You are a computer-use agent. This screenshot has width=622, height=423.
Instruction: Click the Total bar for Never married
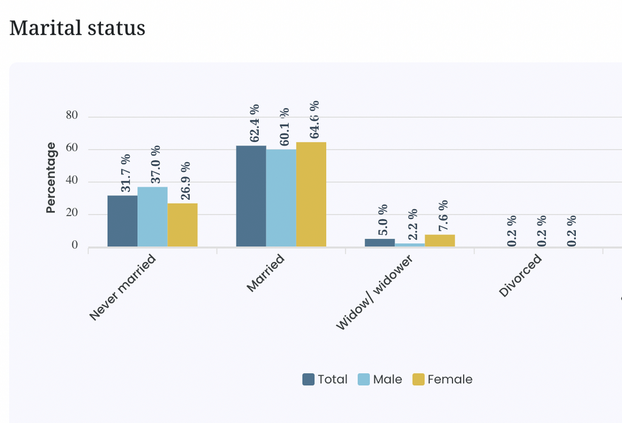(x=123, y=222)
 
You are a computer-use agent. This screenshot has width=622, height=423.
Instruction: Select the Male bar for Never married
(x=152, y=217)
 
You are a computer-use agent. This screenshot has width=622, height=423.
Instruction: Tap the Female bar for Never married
(x=182, y=225)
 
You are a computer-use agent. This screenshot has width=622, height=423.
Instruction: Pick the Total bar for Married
(x=251, y=196)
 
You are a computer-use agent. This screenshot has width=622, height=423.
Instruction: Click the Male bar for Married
(x=281, y=198)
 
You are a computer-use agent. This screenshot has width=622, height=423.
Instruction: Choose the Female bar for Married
(x=312, y=194)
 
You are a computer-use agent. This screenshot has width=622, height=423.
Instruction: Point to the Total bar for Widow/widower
(x=380, y=243)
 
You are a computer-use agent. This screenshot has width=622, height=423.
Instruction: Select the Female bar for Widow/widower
(x=440, y=241)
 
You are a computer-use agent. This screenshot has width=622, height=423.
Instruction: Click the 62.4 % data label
(x=255, y=123)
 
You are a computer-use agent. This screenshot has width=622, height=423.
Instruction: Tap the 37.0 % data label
(x=155, y=164)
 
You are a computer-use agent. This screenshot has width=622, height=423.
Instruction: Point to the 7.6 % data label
(x=443, y=215)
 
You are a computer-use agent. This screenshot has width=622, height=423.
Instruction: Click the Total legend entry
(x=325, y=379)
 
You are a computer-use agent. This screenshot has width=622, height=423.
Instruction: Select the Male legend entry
(x=380, y=379)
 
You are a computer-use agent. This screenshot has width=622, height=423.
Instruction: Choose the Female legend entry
(x=443, y=379)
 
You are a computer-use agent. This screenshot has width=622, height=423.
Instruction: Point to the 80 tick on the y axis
(x=72, y=115)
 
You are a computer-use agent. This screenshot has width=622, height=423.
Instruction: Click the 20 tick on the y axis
(x=72, y=213)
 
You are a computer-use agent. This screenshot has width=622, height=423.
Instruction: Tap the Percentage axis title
(x=51, y=178)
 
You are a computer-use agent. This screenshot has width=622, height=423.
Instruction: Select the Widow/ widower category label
(x=374, y=292)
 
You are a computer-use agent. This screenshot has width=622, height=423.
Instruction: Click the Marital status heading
(x=77, y=28)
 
